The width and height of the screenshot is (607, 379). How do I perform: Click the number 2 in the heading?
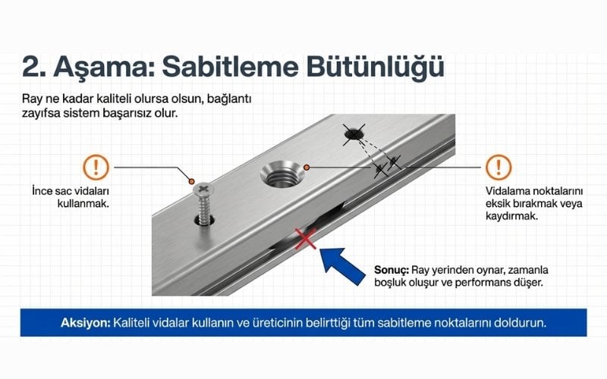[x=30, y=67]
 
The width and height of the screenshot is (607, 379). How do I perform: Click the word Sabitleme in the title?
[x=230, y=67]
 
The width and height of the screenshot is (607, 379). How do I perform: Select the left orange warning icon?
[x=96, y=168]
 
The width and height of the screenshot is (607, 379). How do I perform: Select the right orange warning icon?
[x=498, y=168]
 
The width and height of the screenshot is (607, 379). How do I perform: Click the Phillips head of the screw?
[x=204, y=189]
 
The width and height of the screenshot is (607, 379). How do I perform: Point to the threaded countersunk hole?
[x=282, y=174]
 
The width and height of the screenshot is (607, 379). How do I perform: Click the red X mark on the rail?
[x=306, y=239]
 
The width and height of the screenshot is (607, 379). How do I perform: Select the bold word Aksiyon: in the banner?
[x=86, y=323]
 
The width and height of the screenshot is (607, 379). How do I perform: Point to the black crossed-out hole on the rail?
[x=354, y=135]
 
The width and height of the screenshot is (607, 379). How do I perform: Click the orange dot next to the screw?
[x=191, y=181]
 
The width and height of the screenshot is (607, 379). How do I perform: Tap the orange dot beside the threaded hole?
[x=307, y=168]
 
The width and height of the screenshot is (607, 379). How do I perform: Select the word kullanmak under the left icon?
[x=82, y=203]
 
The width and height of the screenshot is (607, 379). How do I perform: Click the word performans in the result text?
[x=485, y=283]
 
